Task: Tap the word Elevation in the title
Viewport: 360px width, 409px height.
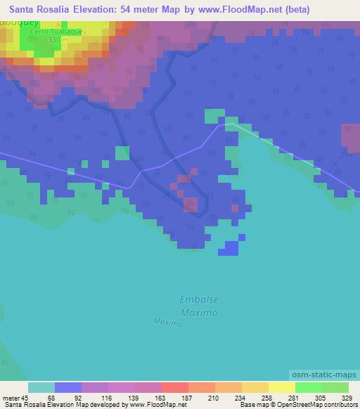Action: point(94,10)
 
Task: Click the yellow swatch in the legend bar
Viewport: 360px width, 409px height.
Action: point(281,387)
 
